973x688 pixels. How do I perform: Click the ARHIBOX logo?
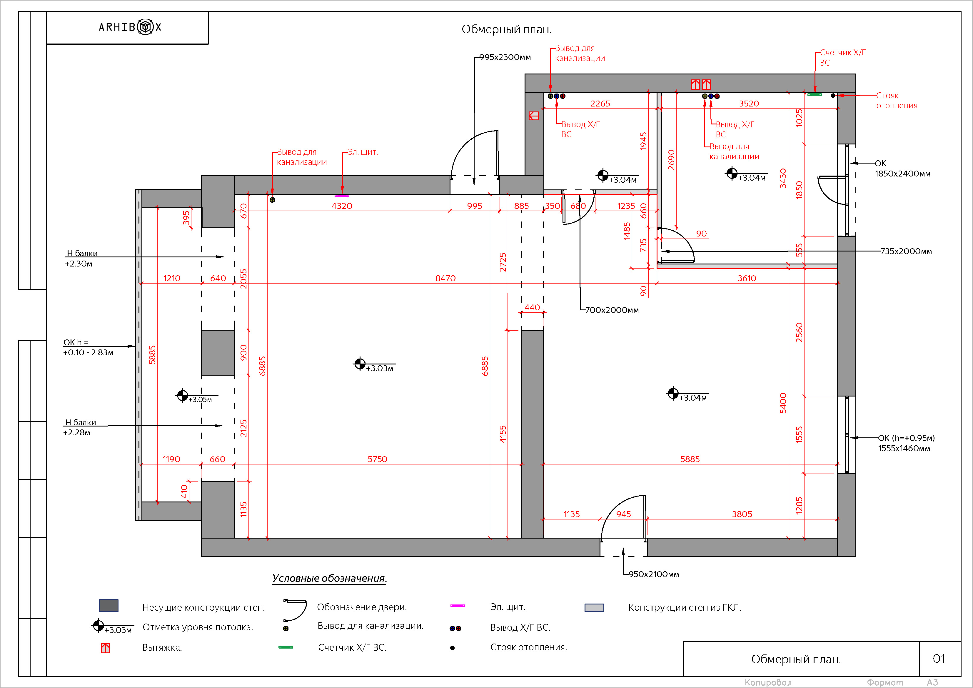pos(130,27)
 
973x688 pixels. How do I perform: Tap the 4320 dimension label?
pos(342,206)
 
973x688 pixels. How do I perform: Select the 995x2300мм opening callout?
pos(505,57)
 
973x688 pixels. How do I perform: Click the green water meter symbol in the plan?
pos(814,94)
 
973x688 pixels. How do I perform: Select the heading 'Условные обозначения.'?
pos(329,578)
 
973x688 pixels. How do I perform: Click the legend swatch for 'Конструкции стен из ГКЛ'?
pos(594,607)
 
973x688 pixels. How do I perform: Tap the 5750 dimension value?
pos(377,459)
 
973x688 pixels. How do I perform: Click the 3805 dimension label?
pos(742,514)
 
